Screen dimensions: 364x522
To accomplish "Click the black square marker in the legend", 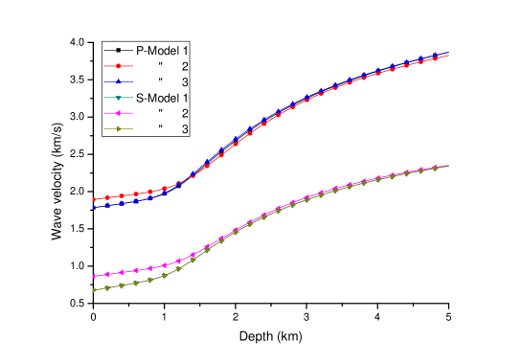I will click(118, 50).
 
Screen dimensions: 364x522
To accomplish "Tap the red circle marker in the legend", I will click(118, 66).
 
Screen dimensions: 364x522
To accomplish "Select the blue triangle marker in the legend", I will click(118, 81).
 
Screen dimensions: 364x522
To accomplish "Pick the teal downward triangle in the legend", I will click(118, 98).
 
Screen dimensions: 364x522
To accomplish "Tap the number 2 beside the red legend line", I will click(184, 66).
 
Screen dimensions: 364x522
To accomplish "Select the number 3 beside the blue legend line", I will click(184, 81).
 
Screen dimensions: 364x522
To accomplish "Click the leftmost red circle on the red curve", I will click(94, 199).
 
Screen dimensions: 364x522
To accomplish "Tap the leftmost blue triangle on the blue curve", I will click(94, 207).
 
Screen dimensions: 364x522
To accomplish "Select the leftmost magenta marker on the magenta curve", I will click(94, 276).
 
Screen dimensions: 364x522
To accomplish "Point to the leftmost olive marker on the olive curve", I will click(94, 289).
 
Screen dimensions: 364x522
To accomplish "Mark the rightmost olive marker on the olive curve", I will click(437, 168).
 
